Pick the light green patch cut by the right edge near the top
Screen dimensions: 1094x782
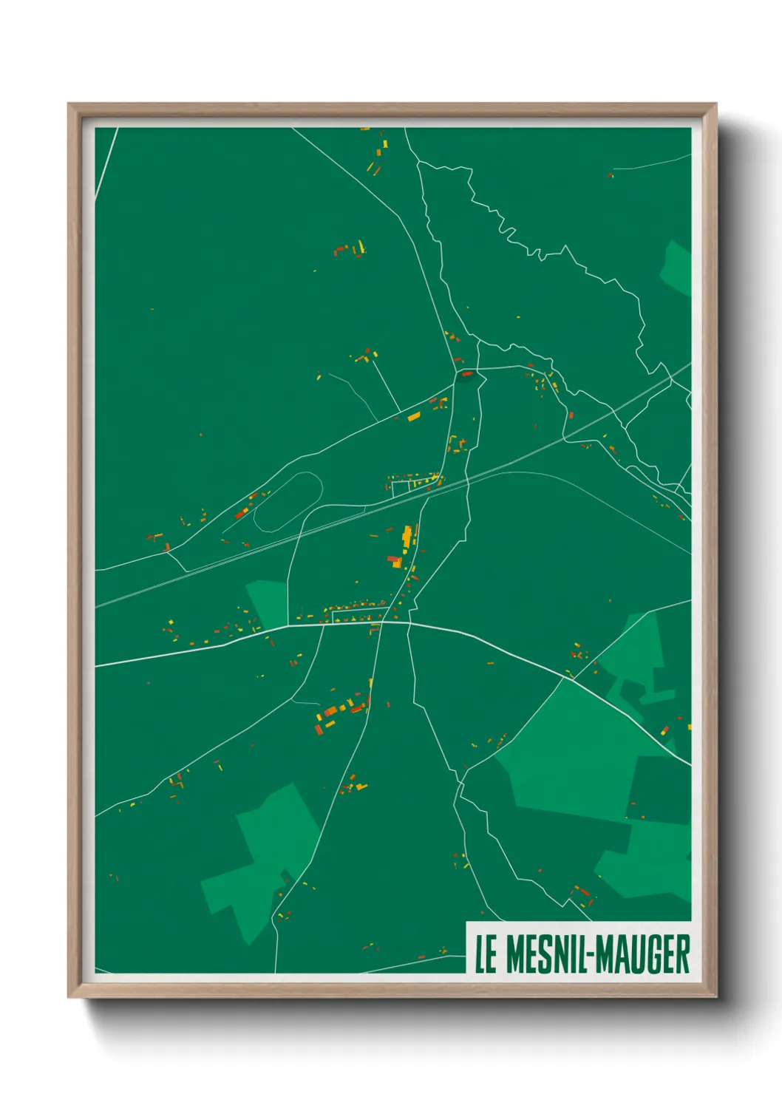pos(679,268)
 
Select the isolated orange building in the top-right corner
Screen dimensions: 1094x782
pos(610,175)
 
